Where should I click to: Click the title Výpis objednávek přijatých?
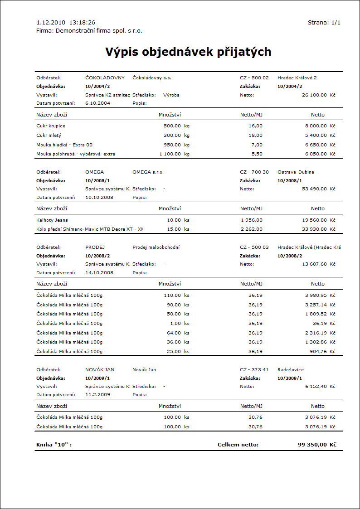click(x=188, y=52)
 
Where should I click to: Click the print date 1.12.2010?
click(x=51, y=22)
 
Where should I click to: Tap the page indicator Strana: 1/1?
click(x=324, y=22)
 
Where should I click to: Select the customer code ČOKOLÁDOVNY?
click(x=105, y=78)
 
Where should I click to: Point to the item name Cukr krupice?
click(x=51, y=126)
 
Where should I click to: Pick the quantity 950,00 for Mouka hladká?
click(x=172, y=145)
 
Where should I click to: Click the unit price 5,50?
click(x=256, y=154)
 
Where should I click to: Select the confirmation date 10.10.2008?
click(x=99, y=198)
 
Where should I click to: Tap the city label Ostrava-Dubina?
click(x=296, y=172)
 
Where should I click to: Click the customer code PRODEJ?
click(x=95, y=247)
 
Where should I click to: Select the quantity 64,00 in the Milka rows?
click(x=174, y=333)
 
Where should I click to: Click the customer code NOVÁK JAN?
click(x=100, y=370)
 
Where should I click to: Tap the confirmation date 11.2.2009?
click(x=97, y=395)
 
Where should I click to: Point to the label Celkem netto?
click(x=238, y=445)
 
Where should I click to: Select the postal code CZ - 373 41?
click(x=254, y=370)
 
